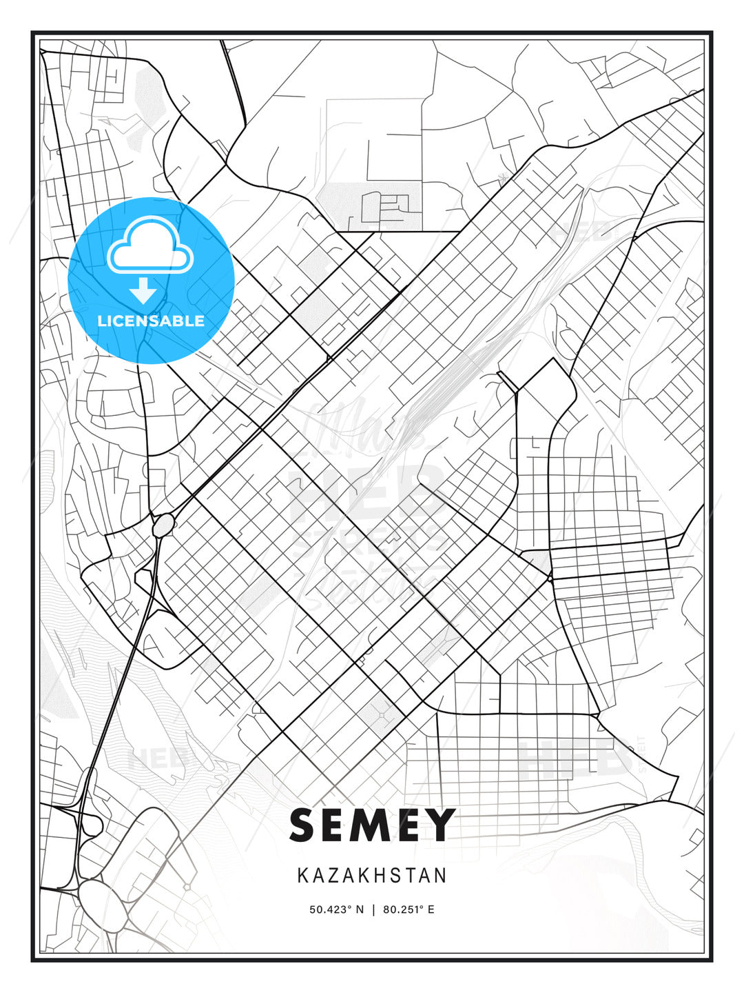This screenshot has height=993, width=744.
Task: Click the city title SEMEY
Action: tap(372, 825)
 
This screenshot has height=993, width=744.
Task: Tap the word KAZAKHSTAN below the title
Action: tap(372, 876)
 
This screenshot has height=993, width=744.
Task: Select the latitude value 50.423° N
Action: tap(336, 910)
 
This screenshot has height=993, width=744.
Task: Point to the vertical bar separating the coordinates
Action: tap(373, 910)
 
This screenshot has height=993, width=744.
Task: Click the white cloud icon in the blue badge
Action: tap(150, 245)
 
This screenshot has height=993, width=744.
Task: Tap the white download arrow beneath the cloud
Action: tap(143, 290)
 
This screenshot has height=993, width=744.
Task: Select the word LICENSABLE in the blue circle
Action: tap(151, 321)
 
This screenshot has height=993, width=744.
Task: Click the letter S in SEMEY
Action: tap(304, 825)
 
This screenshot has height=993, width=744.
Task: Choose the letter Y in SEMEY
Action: tap(438, 825)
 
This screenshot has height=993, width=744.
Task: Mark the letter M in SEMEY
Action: tap(373, 825)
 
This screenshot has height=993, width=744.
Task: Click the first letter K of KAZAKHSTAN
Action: tap(302, 876)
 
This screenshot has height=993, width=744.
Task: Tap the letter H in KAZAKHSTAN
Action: tap(385, 876)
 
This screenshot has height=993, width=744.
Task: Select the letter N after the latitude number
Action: tap(359, 910)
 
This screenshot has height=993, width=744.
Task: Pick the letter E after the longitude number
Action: tap(431, 910)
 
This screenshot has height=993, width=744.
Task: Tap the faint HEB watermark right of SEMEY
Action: tap(575, 759)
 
